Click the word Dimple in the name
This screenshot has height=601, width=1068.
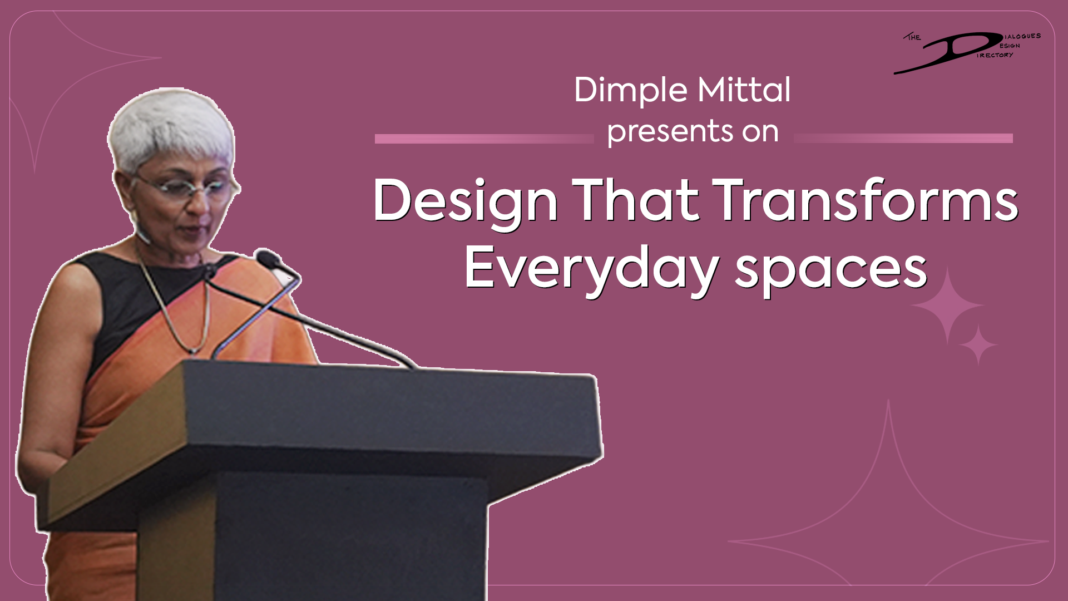(x=631, y=91)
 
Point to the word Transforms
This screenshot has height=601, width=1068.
(x=866, y=200)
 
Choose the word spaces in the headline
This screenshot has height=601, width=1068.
(x=831, y=272)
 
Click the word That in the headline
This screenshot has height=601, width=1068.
(x=635, y=200)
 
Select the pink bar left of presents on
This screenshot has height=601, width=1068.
(x=484, y=139)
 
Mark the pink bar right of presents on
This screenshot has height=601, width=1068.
(x=903, y=139)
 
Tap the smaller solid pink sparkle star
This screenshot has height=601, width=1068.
(x=978, y=345)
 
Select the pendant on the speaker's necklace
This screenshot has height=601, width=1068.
(x=193, y=351)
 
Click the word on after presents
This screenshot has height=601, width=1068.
(x=760, y=132)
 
